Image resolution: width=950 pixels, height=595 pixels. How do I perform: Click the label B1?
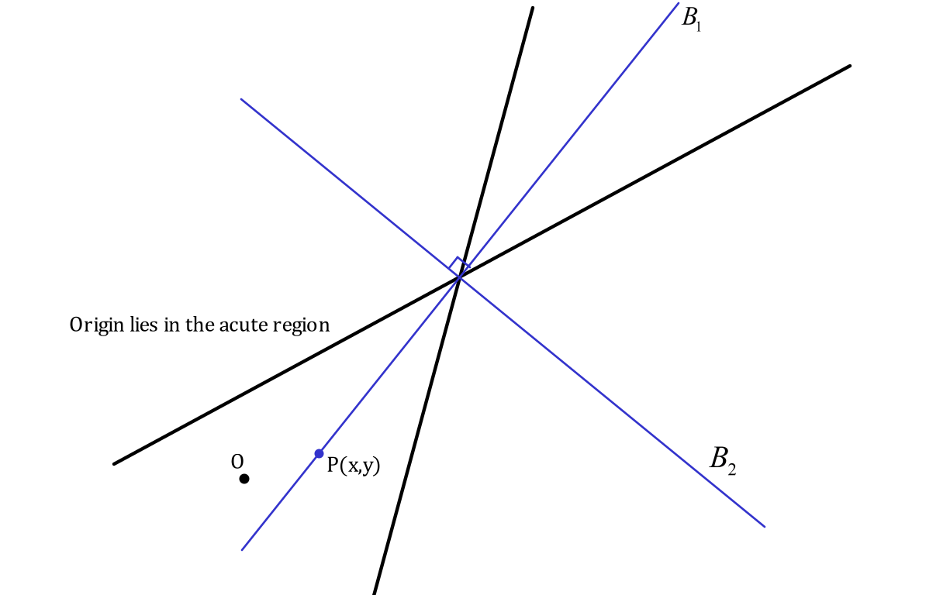point(691,19)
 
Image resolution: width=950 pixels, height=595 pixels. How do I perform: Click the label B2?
point(722,459)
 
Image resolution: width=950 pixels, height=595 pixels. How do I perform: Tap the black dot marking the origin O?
point(244,479)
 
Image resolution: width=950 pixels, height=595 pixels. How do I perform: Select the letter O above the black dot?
point(237,462)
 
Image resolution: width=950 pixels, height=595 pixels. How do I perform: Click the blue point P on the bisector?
point(319,453)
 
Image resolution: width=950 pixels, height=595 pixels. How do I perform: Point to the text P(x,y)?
point(354,465)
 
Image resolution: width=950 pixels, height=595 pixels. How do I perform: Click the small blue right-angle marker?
point(459,264)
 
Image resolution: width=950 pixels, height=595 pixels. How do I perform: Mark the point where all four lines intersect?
point(460,277)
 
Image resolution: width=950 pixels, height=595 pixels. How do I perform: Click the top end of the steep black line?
point(533,8)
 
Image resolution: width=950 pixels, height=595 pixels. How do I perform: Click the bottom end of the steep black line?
point(375,593)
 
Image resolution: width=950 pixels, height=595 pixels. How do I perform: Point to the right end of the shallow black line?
point(850,66)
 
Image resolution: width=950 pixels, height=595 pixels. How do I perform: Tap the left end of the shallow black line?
point(115,463)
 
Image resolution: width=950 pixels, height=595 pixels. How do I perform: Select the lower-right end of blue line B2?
point(765,527)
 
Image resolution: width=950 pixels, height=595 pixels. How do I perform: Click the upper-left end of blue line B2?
point(241,99)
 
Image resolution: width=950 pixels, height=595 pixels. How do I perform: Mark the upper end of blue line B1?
point(679,4)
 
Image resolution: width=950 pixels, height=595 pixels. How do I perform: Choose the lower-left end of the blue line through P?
point(242,550)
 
